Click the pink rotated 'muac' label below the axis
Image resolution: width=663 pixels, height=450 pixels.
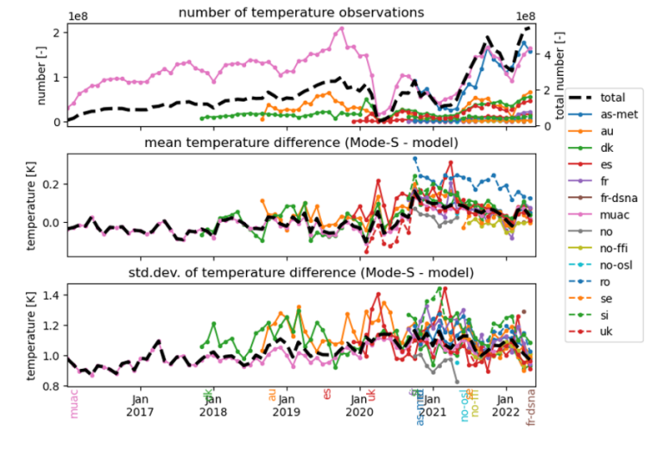tap(73, 403)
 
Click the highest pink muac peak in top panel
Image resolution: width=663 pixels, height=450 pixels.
tap(342, 29)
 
